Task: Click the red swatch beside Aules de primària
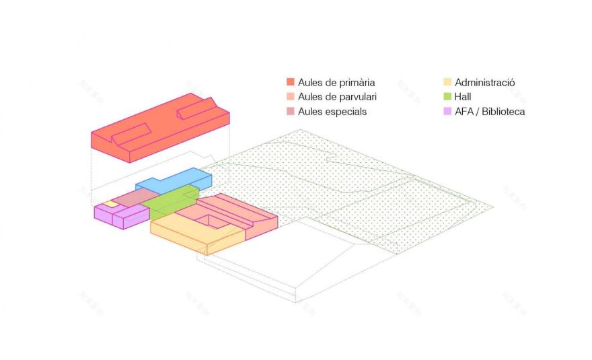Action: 291,82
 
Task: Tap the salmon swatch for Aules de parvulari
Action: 291,97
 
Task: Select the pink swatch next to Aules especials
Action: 291,111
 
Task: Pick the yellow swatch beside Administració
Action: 447,82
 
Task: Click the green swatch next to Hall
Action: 447,97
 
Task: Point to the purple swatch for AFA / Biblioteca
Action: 447,111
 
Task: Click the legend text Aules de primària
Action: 336,82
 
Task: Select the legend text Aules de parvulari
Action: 337,97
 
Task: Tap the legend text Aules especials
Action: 332,111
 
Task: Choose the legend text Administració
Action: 484,82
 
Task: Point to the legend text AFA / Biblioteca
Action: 490,111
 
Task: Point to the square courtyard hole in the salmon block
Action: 215,219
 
